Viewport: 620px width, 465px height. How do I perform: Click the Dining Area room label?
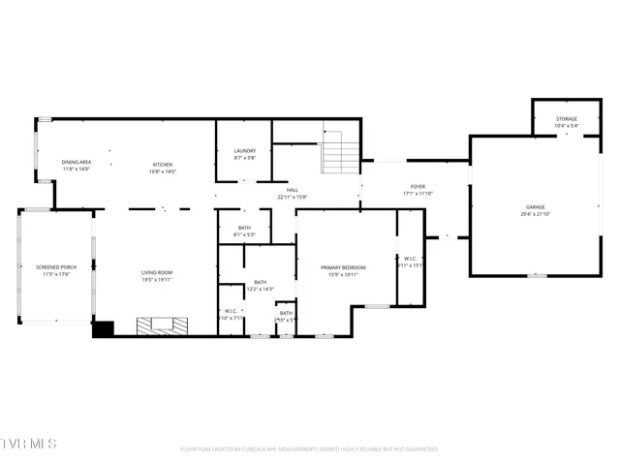[x=76, y=163]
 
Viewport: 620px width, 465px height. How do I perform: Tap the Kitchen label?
[x=161, y=163]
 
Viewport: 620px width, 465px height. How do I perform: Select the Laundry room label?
[x=244, y=151]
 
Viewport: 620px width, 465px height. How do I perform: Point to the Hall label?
[x=292, y=190]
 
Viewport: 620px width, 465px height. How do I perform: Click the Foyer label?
[x=418, y=186]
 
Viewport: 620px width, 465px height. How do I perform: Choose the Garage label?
[x=535, y=207]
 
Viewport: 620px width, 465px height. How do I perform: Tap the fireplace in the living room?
[x=157, y=325]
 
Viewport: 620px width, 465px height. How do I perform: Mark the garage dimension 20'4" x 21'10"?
[x=535, y=214]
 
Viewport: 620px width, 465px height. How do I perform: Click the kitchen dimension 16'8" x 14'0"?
[x=161, y=170]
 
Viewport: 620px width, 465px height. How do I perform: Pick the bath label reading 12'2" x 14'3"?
[x=261, y=289]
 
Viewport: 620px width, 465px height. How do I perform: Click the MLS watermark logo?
[x=29, y=444]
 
